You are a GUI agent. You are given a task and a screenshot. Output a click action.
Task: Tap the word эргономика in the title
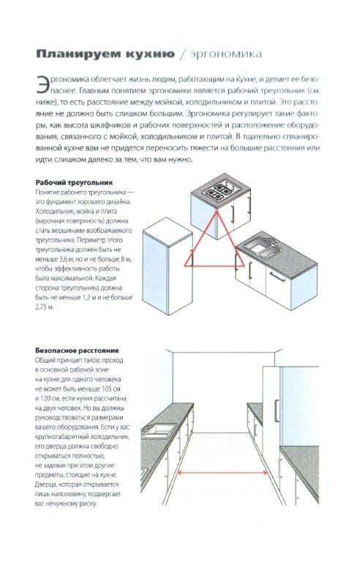(x=226, y=54)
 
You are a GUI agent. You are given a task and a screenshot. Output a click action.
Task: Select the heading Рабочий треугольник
(x=74, y=182)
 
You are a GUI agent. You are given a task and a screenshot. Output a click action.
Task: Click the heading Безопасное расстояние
(x=77, y=351)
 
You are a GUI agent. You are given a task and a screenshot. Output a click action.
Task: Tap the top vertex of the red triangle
(x=217, y=211)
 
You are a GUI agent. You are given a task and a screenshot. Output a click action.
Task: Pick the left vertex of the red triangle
(x=185, y=266)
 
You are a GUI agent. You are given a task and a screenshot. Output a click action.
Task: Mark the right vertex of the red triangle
(x=244, y=266)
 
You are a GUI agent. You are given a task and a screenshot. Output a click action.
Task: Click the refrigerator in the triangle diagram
(x=168, y=265)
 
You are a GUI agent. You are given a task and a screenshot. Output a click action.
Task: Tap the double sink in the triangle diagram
(x=261, y=248)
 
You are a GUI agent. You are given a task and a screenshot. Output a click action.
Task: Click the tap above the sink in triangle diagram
(x=268, y=239)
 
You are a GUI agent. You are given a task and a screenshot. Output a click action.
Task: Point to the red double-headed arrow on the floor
(x=222, y=473)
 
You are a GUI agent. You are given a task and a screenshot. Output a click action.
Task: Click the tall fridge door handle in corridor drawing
(x=277, y=411)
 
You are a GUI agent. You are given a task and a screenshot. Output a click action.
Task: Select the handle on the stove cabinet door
(x=233, y=213)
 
